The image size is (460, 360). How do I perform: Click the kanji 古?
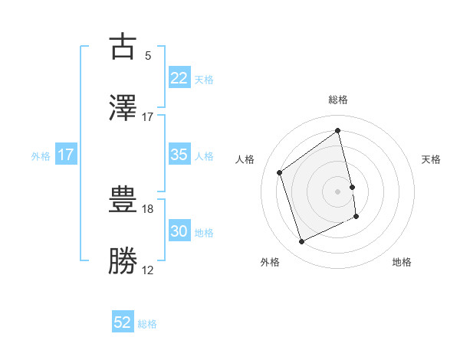coord(123,47)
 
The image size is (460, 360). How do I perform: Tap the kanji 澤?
coord(123,108)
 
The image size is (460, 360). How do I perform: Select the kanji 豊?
coord(123,200)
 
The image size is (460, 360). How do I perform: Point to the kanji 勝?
coord(123,261)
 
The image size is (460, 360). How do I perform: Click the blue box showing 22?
coord(179,78)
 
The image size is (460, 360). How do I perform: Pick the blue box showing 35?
coord(179,155)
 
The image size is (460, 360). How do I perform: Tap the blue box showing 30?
coord(179,231)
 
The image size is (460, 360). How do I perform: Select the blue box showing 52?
coord(123,322)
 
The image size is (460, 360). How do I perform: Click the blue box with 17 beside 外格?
coord(66,155)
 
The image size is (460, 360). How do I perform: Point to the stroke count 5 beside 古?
coord(148,55)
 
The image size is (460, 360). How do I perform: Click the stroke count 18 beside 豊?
coord(148,208)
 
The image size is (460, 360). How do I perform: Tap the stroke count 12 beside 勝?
coord(148,270)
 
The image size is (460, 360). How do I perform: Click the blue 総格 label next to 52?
coord(147,324)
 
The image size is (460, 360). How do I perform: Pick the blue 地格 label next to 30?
coord(204,233)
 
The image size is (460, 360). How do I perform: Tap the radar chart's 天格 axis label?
coord(431,159)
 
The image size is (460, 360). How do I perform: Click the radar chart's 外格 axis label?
coord(269,262)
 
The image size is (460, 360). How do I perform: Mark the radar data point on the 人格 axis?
coord(280,172)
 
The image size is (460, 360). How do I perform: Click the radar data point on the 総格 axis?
coord(338,131)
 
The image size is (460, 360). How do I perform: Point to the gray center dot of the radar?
coord(338,191)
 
